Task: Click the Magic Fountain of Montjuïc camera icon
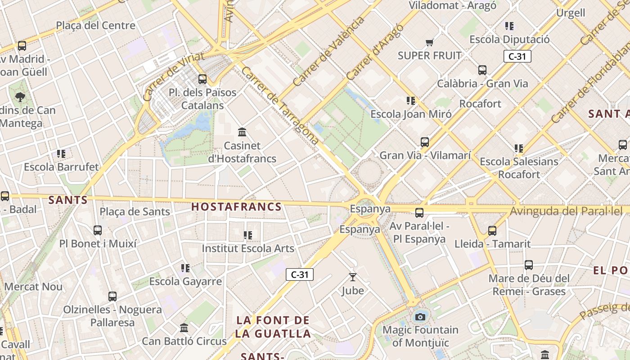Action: pyautogui.click(x=420, y=317)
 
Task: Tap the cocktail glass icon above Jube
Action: pyautogui.click(x=353, y=277)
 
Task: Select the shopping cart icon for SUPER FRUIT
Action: pyautogui.click(x=429, y=43)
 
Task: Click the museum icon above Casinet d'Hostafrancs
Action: pyautogui.click(x=242, y=132)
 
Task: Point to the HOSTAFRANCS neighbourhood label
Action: pyautogui.click(x=236, y=207)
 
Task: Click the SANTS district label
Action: pyautogui.click(x=68, y=200)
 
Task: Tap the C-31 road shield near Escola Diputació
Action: pyautogui.click(x=517, y=56)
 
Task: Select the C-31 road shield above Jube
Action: pyautogui.click(x=300, y=274)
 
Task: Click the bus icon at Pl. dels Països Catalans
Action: pyautogui.click(x=202, y=79)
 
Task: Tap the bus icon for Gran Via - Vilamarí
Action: pyautogui.click(x=425, y=142)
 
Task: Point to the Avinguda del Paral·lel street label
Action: pyautogui.click(x=566, y=211)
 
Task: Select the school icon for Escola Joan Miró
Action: pyautogui.click(x=410, y=101)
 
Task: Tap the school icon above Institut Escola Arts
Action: pyautogui.click(x=247, y=235)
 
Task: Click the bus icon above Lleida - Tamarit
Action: pyautogui.click(x=492, y=231)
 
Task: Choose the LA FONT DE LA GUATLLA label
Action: pyautogui.click(x=273, y=327)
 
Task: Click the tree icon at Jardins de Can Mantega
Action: pyautogui.click(x=20, y=97)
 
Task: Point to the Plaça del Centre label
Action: pyautogui.click(x=95, y=26)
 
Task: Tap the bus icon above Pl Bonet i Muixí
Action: pyautogui.click(x=98, y=230)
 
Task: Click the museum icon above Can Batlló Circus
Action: pyautogui.click(x=184, y=328)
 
